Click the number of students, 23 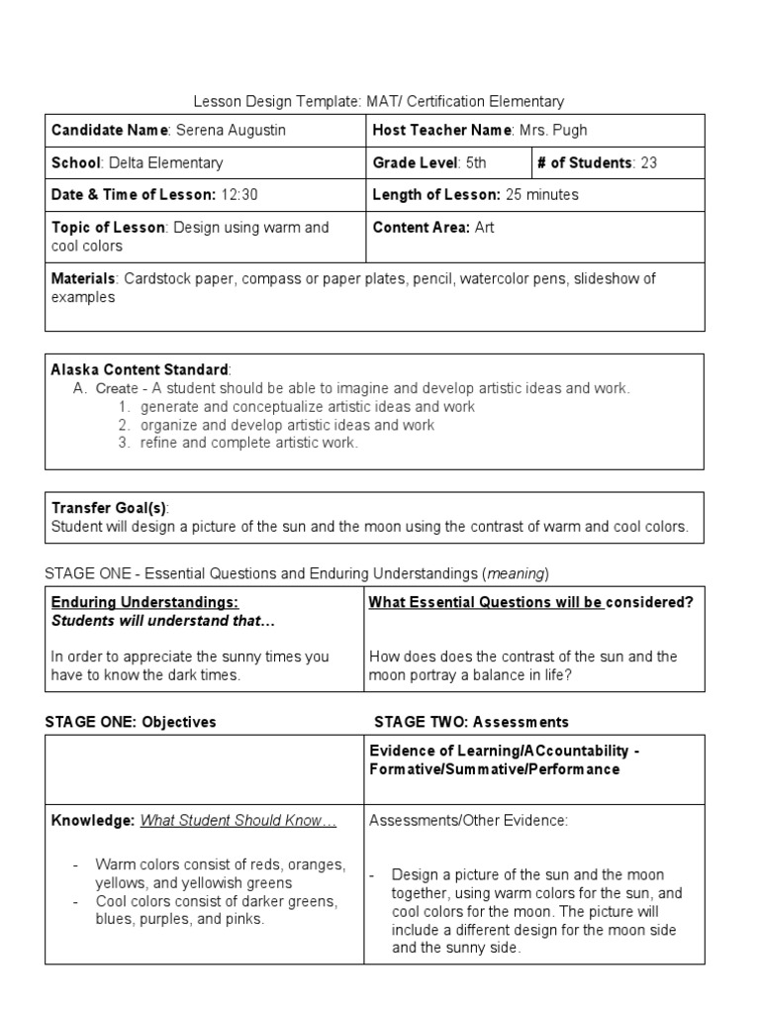tap(648, 163)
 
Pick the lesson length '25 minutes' tap(541, 195)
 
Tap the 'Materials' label tap(84, 279)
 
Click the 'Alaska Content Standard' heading tap(140, 369)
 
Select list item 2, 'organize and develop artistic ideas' tap(287, 425)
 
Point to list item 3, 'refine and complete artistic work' tap(248, 443)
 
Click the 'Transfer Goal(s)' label tap(109, 508)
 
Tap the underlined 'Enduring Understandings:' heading tap(144, 602)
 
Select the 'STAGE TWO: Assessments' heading tap(471, 722)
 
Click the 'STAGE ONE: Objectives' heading tap(131, 722)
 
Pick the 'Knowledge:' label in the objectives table tap(93, 820)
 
